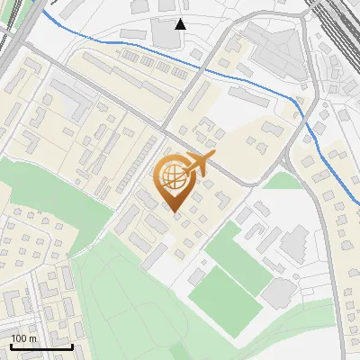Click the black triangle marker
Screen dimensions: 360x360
(180, 23)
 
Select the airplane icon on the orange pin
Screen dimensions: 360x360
(199, 164)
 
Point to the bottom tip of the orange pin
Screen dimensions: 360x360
(174, 212)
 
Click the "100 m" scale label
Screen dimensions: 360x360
(23, 338)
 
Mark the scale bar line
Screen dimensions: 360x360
(41, 346)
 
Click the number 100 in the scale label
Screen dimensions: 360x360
(19, 338)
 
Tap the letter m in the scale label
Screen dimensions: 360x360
(32, 338)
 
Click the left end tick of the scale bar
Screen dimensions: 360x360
(11, 345)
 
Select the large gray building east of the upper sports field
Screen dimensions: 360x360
(294, 243)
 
